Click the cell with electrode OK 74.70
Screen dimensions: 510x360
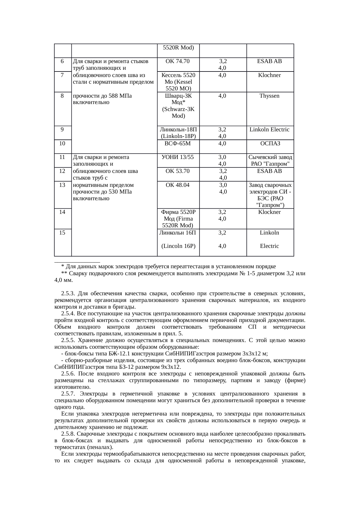click(177, 61)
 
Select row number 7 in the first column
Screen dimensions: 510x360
click(62, 75)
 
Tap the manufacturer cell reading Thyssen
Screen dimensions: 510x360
click(269, 96)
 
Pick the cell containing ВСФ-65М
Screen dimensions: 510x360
click(177, 143)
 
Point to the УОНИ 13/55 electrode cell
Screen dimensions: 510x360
click(177, 157)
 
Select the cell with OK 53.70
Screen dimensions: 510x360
click(177, 171)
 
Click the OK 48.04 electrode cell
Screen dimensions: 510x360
click(177, 185)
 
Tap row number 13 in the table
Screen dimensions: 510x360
click(62, 185)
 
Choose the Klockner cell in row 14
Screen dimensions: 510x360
click(269, 212)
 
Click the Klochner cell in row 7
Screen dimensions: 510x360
click(269, 75)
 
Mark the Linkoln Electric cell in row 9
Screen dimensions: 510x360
click(269, 130)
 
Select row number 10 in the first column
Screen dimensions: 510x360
click(62, 143)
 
